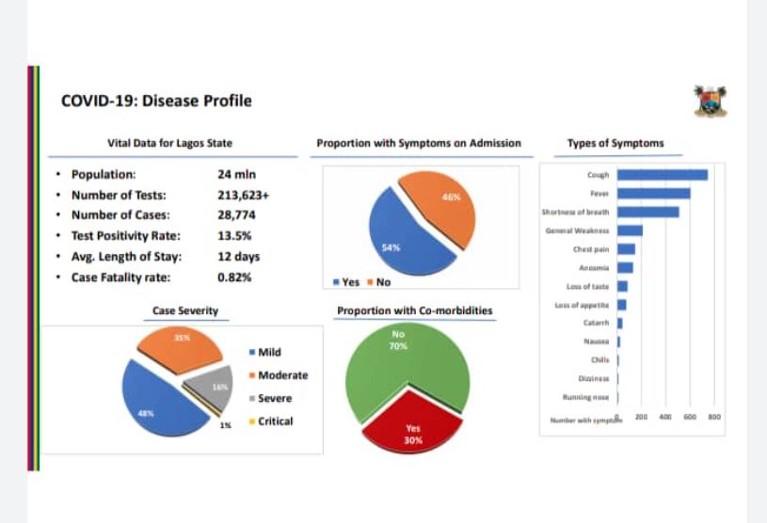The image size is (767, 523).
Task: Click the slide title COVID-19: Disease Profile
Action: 155,101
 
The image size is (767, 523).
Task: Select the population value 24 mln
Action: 236,174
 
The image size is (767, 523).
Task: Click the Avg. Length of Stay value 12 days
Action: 239,257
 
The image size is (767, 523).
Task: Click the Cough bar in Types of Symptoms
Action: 662,174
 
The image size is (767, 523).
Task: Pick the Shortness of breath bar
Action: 647,212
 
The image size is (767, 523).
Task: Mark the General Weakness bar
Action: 630,230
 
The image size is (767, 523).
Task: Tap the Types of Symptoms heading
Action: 615,144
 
